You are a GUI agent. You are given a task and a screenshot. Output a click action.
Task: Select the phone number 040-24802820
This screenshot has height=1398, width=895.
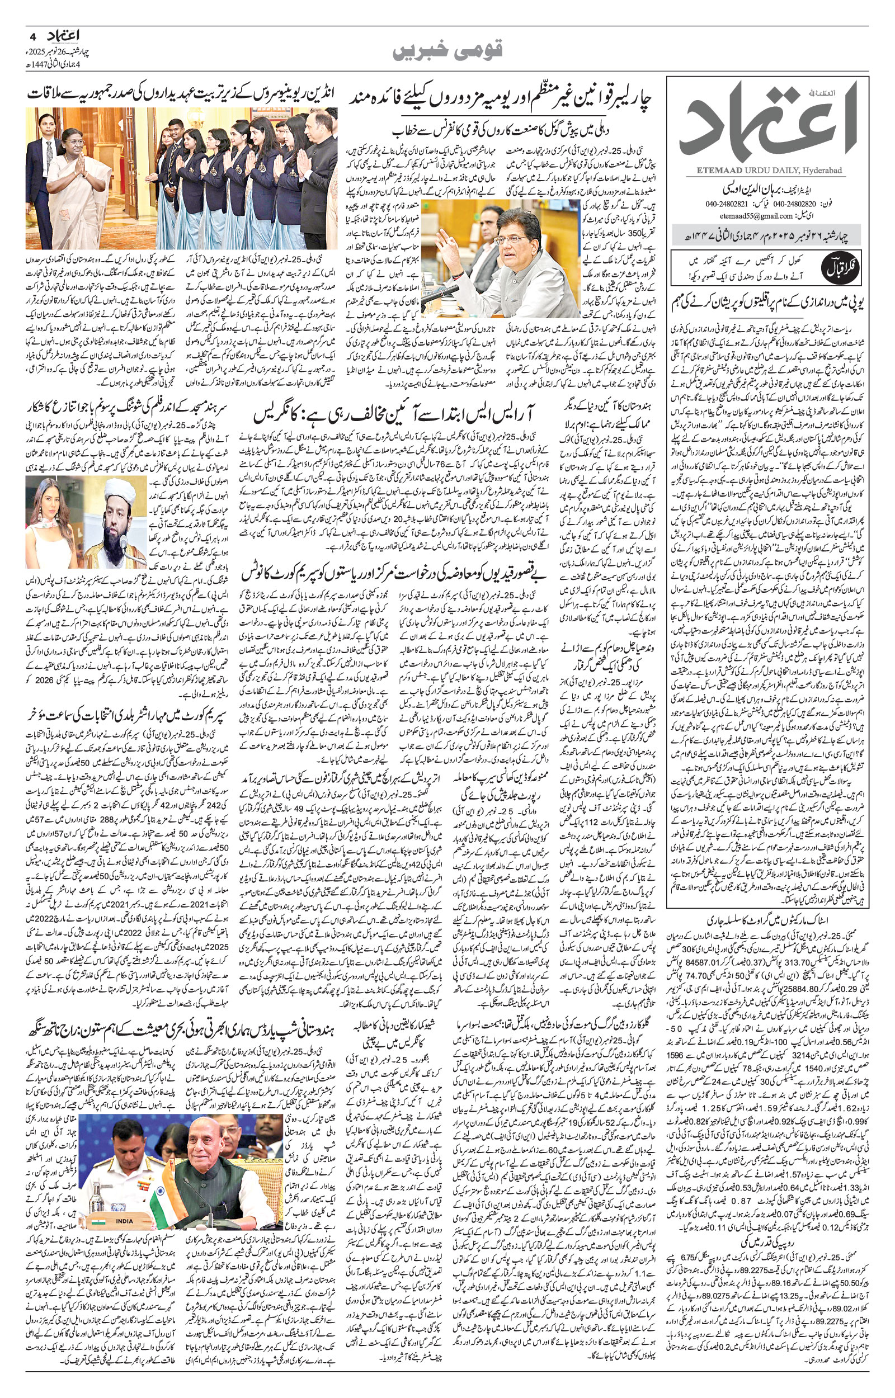pos(795,204)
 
